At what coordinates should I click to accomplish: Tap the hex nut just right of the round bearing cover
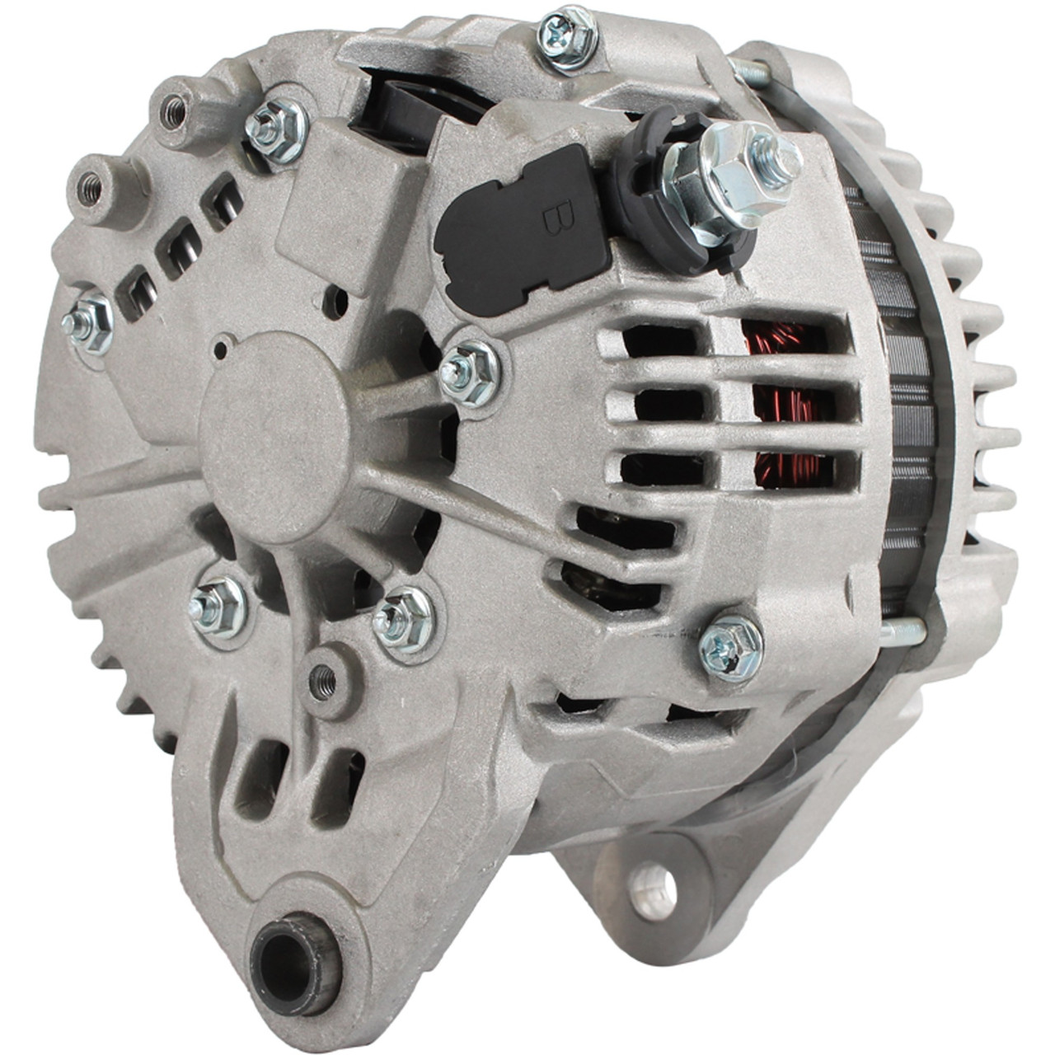click(x=470, y=373)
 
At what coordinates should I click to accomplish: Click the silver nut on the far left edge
click(x=87, y=324)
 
